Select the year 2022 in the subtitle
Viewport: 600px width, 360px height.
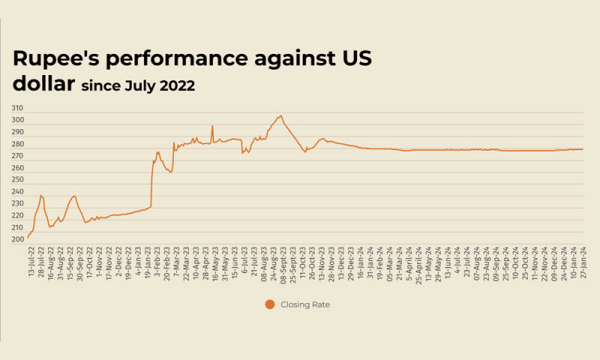[177, 86]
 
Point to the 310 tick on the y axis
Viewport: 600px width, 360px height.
[17, 109]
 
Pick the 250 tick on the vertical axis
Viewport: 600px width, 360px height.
[17, 180]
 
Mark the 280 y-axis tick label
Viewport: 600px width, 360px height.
[17, 145]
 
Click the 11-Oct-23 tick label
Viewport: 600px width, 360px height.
[302, 262]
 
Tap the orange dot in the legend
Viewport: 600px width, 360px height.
[269, 304]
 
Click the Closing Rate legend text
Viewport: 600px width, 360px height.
[305, 304]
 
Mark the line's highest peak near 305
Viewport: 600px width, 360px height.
[280, 115]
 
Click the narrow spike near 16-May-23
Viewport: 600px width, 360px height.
[212, 125]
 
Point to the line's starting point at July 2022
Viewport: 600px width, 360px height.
[28, 238]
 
